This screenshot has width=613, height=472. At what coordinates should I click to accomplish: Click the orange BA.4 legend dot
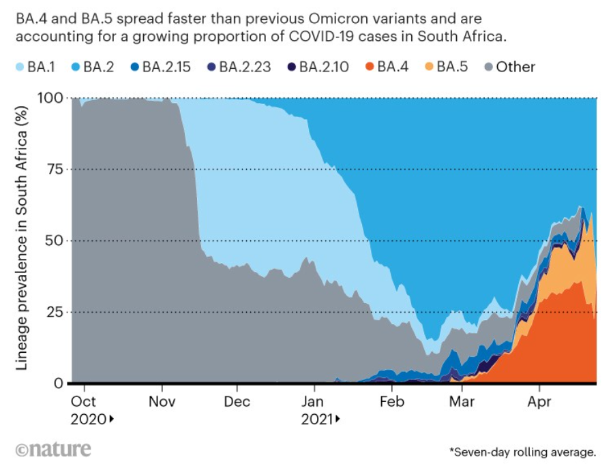pyautogui.click(x=369, y=67)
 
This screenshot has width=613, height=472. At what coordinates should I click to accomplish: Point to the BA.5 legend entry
pyautogui.click(x=447, y=67)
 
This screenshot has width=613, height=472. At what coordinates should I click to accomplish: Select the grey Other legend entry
pyautogui.click(x=508, y=67)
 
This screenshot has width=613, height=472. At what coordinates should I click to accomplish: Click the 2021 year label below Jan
pyautogui.click(x=316, y=420)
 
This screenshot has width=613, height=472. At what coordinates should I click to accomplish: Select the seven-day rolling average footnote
pyautogui.click(x=522, y=452)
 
